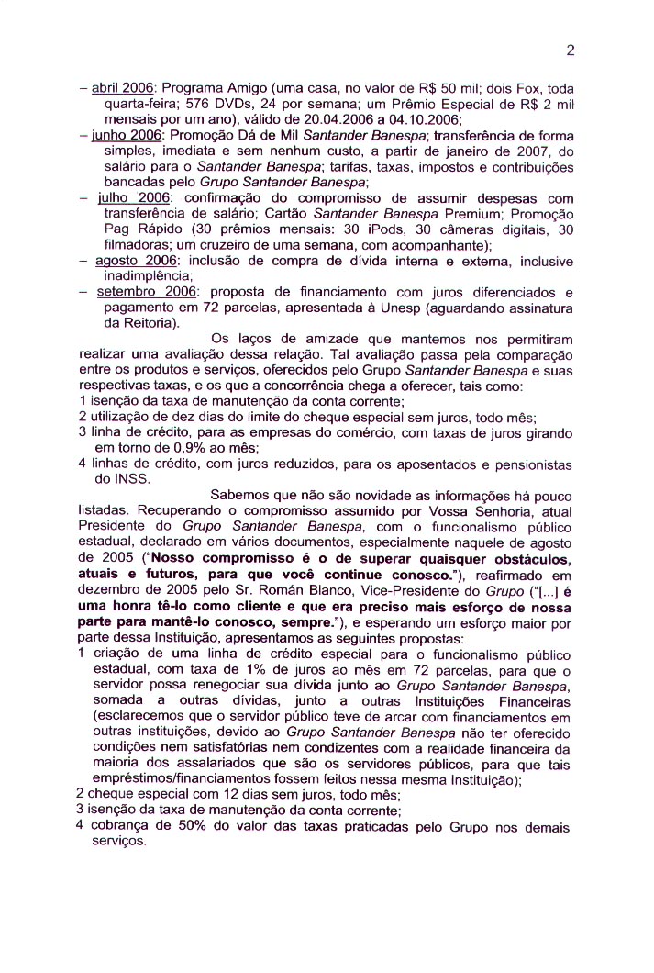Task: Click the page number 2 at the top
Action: [570, 50]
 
